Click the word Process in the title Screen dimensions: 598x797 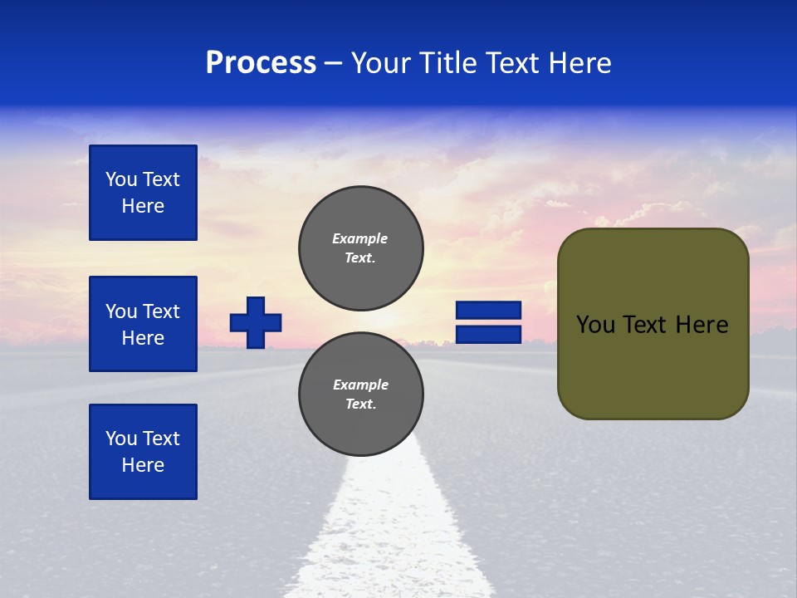click(x=261, y=63)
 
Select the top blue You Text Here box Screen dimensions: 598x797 click(x=143, y=193)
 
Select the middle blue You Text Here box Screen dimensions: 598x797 click(x=143, y=324)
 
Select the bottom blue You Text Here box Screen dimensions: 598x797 click(x=143, y=452)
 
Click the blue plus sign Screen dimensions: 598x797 click(x=256, y=322)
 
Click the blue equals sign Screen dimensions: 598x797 click(x=488, y=322)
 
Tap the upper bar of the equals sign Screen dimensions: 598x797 click(x=488, y=310)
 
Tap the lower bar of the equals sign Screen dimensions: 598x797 click(x=488, y=335)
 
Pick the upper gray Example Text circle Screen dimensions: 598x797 click(x=360, y=248)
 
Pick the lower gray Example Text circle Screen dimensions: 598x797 click(x=360, y=394)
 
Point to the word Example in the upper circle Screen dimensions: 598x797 click(x=360, y=238)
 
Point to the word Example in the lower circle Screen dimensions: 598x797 click(x=360, y=385)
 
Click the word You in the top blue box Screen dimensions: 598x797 click(x=121, y=179)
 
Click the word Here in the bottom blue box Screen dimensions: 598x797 click(x=143, y=465)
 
